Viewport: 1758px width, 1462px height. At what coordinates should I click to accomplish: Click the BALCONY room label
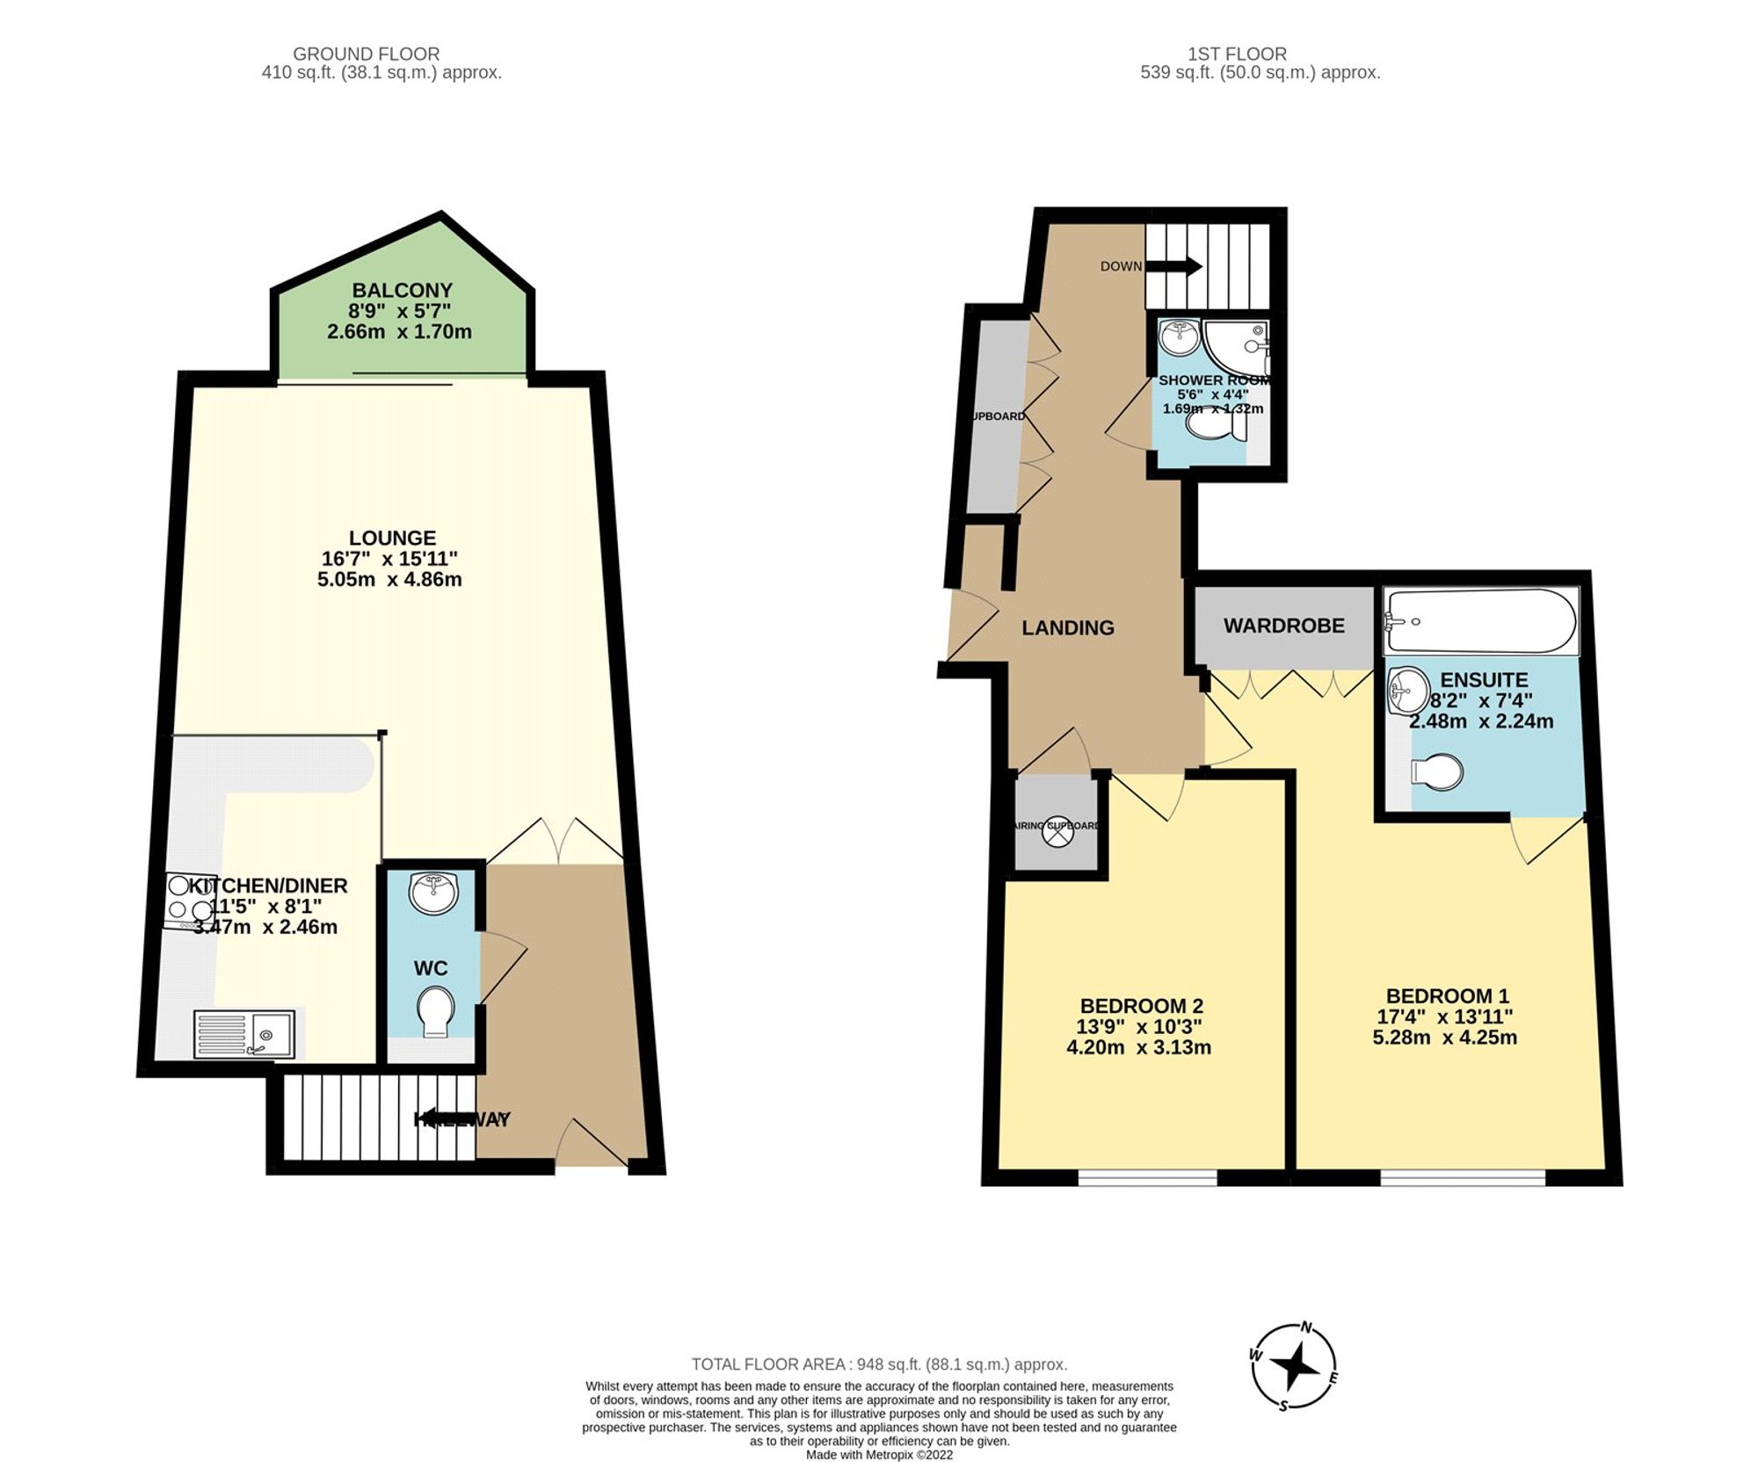[402, 290]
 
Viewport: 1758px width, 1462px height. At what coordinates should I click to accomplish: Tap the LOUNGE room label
[392, 538]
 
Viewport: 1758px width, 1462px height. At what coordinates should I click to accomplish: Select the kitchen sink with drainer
[245, 1033]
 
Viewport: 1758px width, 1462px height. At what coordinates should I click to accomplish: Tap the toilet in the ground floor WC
[436, 1011]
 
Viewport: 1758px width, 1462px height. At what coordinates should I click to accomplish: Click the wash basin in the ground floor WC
[433, 893]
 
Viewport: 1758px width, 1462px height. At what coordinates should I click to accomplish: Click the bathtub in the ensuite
[1480, 621]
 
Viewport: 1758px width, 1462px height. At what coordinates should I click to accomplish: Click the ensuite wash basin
[1408, 691]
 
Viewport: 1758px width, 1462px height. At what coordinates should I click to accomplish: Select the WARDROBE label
[1283, 626]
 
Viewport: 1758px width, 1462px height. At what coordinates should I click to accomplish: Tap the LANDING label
[1067, 627]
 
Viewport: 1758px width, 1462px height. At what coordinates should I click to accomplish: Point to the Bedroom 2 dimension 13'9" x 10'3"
[1140, 1026]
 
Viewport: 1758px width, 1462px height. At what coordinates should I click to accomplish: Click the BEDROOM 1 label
[1447, 995]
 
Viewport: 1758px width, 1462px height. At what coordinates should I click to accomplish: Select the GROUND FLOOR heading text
[366, 54]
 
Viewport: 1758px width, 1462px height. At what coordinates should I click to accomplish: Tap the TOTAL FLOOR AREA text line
[878, 1364]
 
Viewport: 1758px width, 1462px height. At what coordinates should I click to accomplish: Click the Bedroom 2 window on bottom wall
[1147, 1177]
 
